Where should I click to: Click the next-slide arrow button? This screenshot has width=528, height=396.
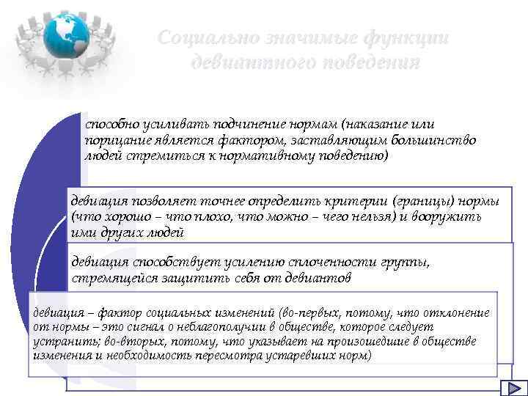click(x=510, y=389)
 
